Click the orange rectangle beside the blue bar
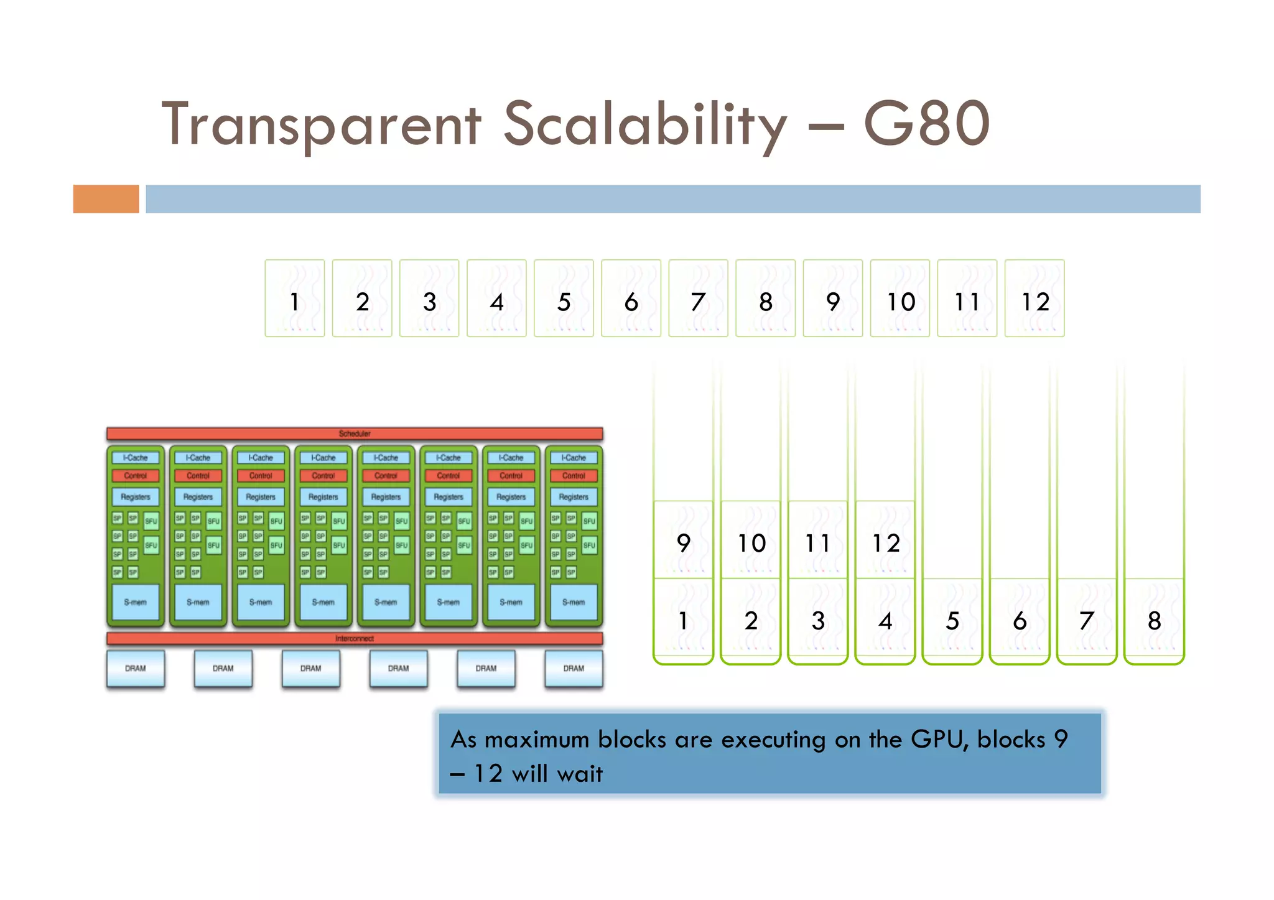pos(106,199)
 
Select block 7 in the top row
pos(698,299)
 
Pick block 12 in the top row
pos(1035,299)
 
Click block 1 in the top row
pos(295,299)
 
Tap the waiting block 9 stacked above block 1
pos(683,540)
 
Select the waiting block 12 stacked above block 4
pos(885,540)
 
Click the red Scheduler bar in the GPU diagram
pos(355,434)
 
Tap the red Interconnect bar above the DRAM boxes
pos(355,638)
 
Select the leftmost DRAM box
pos(136,668)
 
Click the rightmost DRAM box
pos(574,668)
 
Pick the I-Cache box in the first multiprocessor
pos(136,458)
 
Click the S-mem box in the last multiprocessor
pos(574,601)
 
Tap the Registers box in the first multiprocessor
pos(136,497)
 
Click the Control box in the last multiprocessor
pos(574,476)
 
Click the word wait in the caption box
pos(580,774)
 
